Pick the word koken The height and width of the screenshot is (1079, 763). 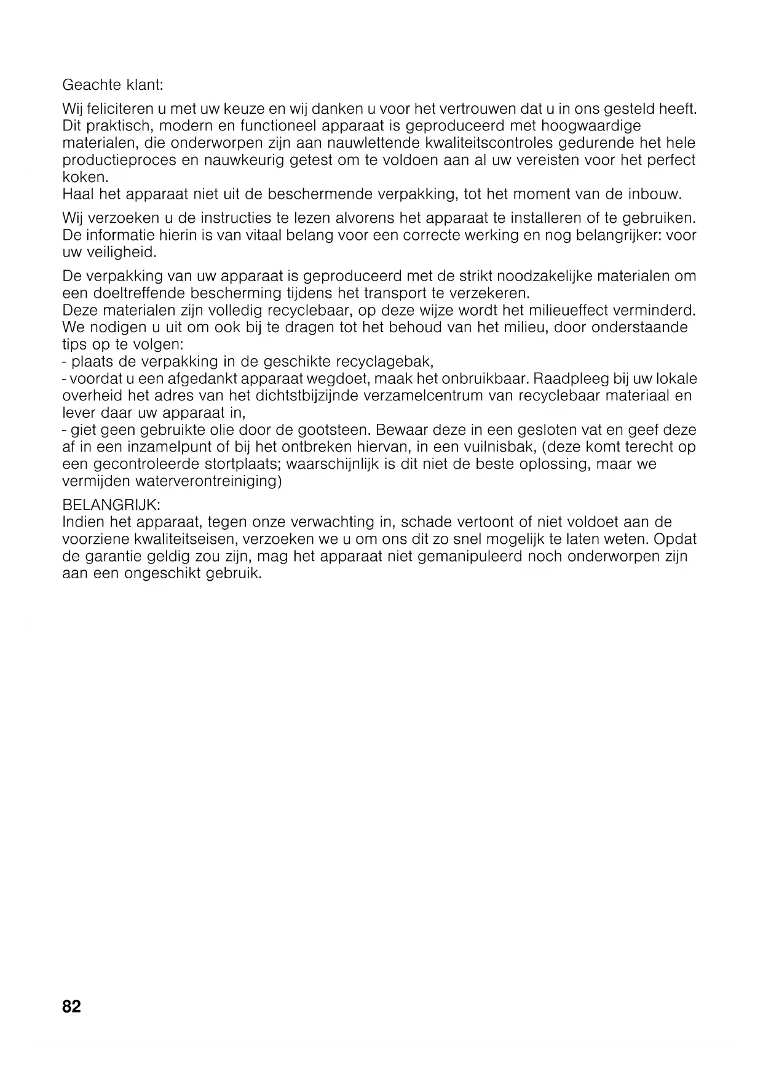(85, 178)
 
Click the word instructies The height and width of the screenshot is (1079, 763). (234, 218)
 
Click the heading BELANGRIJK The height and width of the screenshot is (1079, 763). (111, 505)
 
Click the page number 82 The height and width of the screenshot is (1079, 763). (71, 1007)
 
